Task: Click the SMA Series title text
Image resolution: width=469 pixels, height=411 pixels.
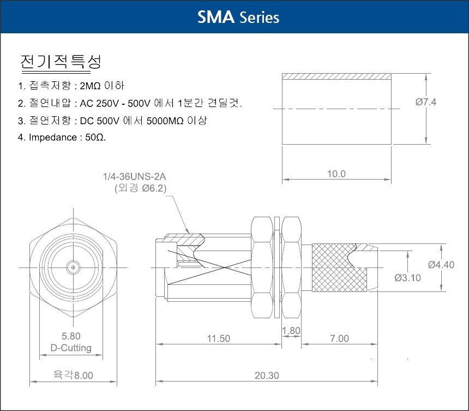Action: click(238, 17)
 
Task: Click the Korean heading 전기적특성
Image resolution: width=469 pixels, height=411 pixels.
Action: click(61, 62)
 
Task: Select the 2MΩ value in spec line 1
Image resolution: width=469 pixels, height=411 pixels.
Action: click(91, 86)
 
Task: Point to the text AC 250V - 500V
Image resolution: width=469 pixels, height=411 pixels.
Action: click(115, 104)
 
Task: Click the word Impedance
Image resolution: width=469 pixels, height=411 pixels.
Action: click(53, 138)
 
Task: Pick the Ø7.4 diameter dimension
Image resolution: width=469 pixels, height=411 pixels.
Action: click(425, 102)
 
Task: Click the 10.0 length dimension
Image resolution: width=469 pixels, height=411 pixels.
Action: click(336, 174)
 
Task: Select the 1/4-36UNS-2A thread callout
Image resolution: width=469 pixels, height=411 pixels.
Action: click(134, 176)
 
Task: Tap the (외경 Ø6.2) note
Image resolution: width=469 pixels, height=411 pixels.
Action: click(140, 188)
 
